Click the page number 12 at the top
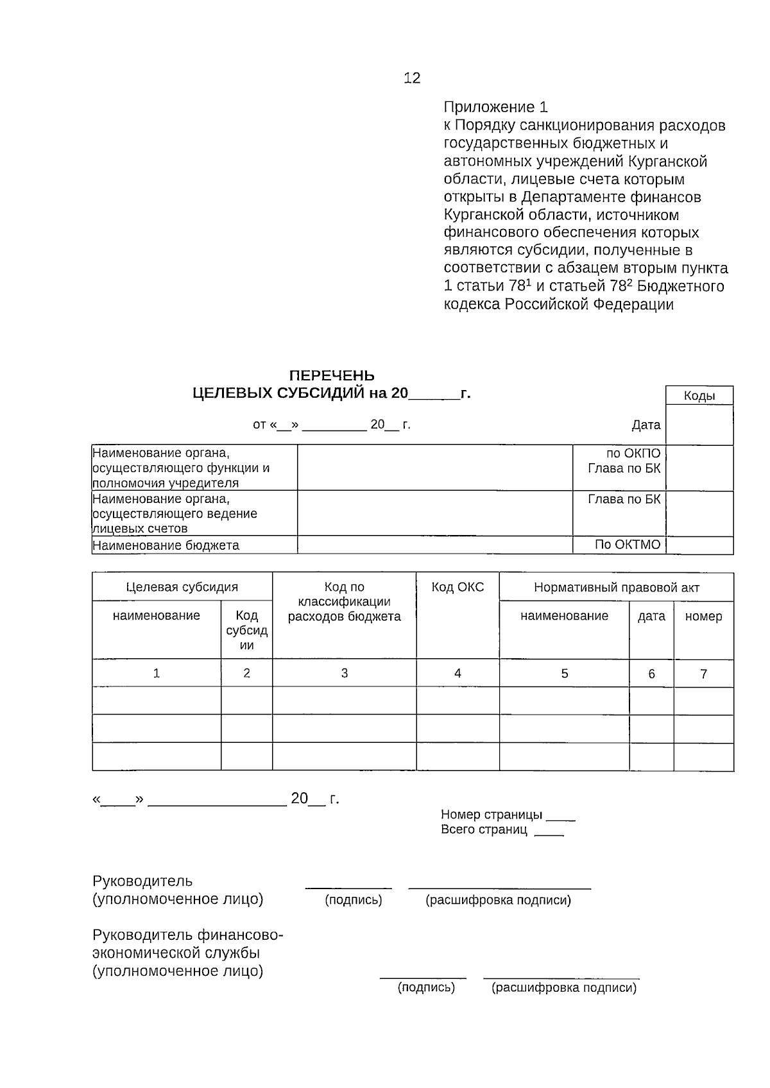(412, 78)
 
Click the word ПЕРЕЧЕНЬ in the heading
(332, 375)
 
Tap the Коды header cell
(699, 396)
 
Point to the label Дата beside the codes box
(646, 425)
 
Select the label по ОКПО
(633, 453)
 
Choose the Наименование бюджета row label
(166, 545)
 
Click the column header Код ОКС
(458, 587)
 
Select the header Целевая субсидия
(182, 587)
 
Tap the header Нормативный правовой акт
(616, 587)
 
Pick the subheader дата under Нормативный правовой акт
(651, 616)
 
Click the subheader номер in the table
(703, 616)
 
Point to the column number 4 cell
(458, 673)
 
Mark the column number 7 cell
(703, 674)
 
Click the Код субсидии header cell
(246, 630)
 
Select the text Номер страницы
(492, 814)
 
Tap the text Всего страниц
(484, 829)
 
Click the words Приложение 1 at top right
(496, 107)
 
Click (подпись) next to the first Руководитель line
(354, 900)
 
